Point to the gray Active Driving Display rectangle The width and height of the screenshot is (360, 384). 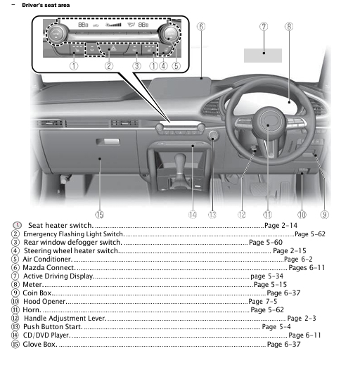pos(263,55)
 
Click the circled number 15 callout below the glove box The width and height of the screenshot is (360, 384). pos(100,214)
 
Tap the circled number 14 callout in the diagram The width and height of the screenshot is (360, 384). pos(192,214)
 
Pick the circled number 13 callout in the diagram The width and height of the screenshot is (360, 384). pos(212,214)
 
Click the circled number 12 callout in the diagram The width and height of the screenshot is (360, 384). pos(241,214)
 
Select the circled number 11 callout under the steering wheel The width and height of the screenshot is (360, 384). pos(267,214)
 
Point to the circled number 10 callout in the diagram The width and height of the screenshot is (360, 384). pos(302,214)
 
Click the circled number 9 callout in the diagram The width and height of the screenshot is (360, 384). pos(325,214)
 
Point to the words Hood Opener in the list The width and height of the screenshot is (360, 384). pos(44,302)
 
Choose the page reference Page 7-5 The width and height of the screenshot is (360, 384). pos(262,302)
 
